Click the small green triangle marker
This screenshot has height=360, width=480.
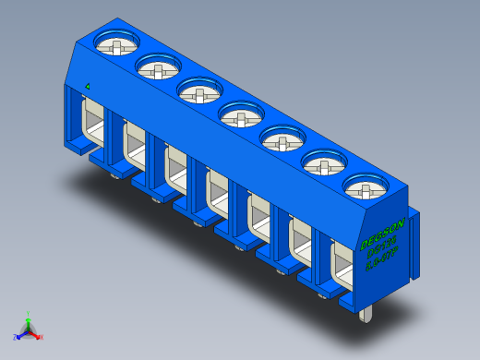click(x=87, y=87)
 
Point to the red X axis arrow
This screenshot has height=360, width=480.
click(x=39, y=336)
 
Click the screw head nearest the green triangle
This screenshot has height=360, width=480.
click(x=117, y=42)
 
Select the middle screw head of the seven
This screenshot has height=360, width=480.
click(x=240, y=117)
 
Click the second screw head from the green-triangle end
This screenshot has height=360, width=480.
click(x=158, y=67)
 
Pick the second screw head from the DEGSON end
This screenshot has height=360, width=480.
click(x=322, y=166)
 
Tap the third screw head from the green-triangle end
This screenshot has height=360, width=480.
click(x=198, y=91)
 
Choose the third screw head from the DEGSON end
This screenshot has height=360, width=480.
click(x=281, y=141)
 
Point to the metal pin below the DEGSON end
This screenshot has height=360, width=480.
click(x=367, y=315)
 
